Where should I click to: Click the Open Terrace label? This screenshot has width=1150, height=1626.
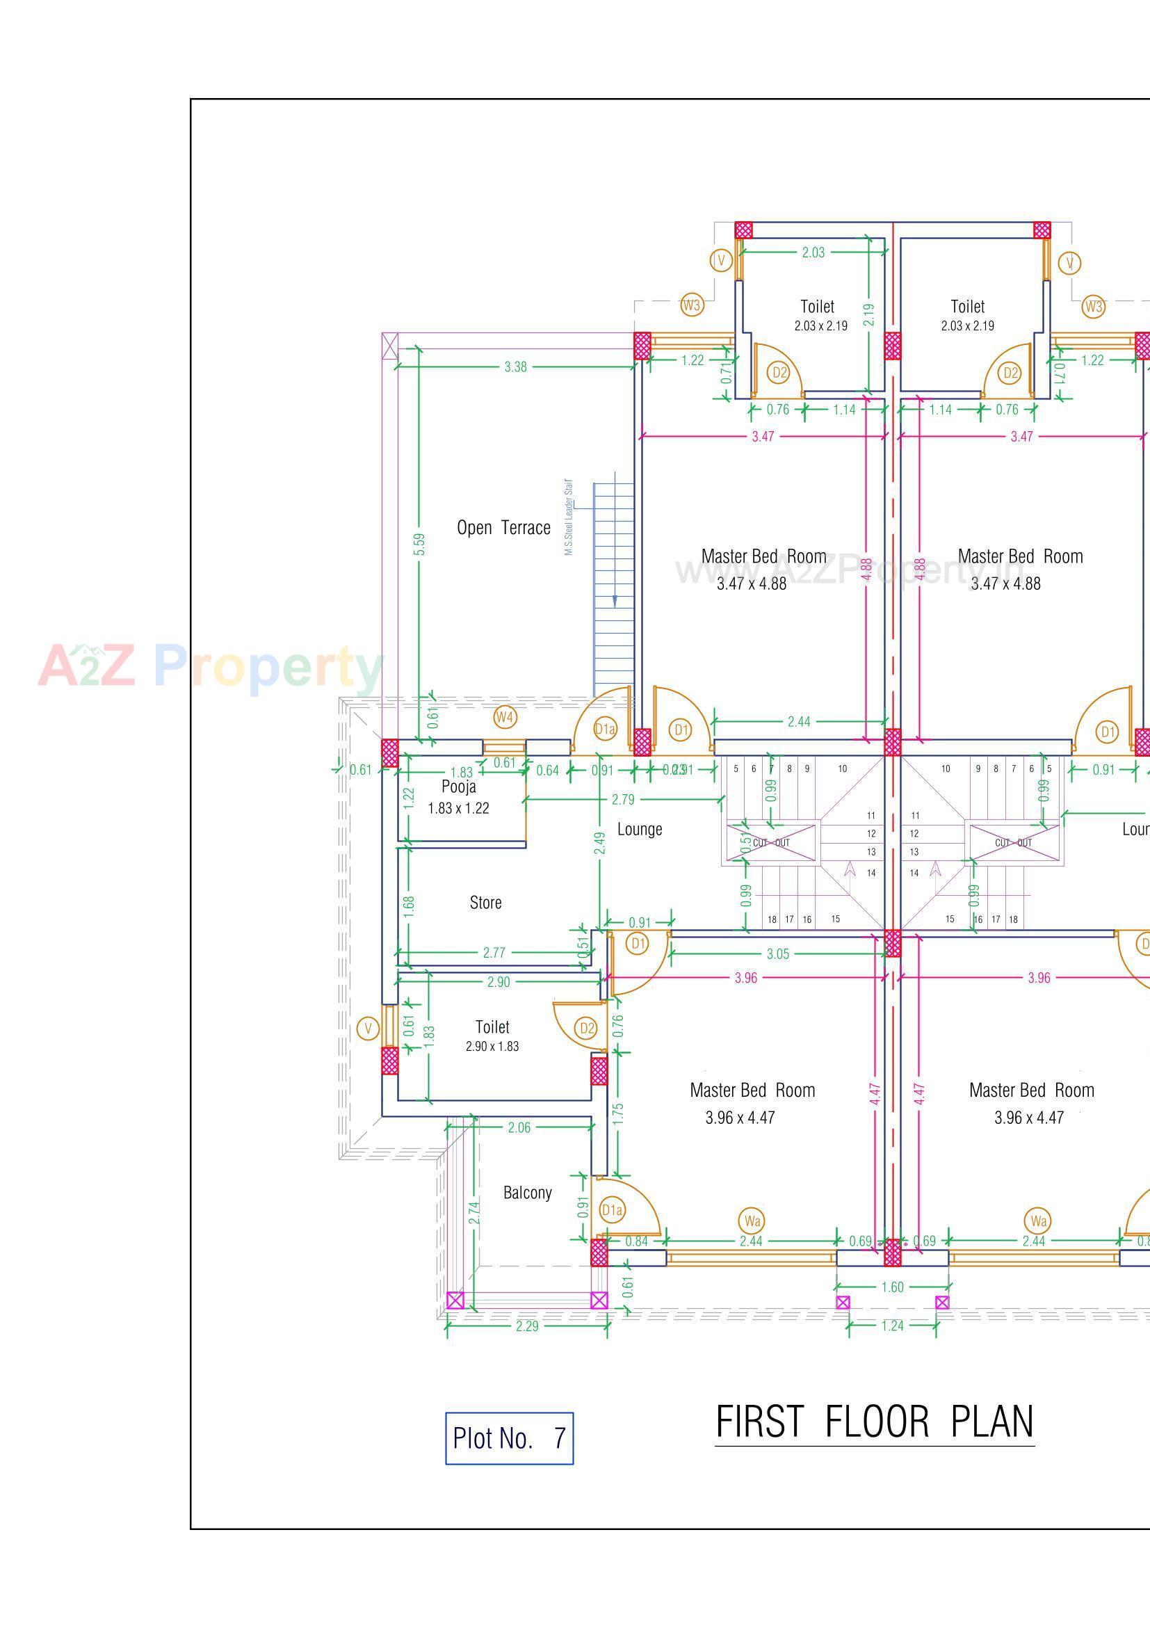[503, 528]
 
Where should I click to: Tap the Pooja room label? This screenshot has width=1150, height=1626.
[459, 787]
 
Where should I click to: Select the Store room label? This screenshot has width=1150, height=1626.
[486, 903]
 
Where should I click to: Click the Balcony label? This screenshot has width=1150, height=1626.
[528, 1193]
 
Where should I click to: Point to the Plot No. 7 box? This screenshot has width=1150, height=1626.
[509, 1438]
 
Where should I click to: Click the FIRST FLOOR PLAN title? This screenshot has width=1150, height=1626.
[875, 1422]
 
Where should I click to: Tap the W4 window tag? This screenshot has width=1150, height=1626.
[504, 718]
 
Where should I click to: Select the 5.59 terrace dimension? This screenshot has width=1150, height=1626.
[419, 545]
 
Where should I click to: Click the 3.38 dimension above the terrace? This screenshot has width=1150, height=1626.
[515, 367]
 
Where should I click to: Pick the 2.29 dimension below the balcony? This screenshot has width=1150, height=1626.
[527, 1326]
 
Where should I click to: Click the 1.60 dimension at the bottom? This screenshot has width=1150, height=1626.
[892, 1287]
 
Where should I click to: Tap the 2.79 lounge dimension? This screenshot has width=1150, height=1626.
[623, 800]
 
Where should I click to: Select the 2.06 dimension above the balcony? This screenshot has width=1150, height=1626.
[519, 1127]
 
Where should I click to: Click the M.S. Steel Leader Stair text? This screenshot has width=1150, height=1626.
[569, 517]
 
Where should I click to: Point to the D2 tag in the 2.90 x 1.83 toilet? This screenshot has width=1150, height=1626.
[586, 1028]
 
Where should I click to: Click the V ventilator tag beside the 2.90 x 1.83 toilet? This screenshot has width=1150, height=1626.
[368, 1029]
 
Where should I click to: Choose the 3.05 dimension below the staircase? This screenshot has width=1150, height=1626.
[777, 954]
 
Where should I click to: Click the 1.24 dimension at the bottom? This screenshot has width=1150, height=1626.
[892, 1326]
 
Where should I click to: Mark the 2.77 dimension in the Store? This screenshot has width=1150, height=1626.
[494, 953]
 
